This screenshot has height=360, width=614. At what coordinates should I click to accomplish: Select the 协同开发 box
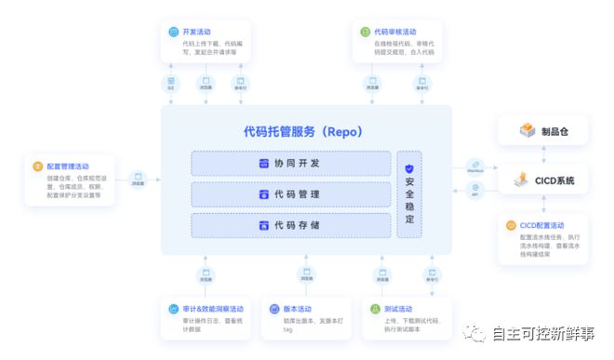tap(290, 164)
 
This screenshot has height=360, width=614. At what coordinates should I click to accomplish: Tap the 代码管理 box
tap(290, 195)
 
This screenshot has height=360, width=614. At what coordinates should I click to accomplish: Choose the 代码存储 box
tap(290, 226)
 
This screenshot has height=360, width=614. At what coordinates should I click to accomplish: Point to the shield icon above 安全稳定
tap(409, 168)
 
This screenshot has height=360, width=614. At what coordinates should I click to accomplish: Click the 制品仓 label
tap(554, 131)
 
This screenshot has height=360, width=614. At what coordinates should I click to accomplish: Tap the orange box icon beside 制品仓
tap(527, 131)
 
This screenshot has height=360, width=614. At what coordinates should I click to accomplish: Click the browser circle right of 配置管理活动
tap(139, 176)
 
